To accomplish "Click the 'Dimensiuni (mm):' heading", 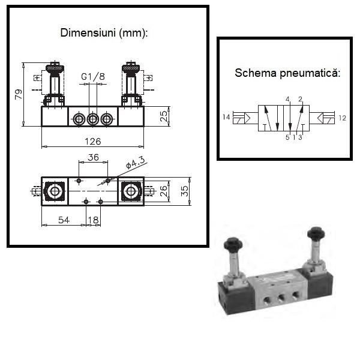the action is [x=104, y=33].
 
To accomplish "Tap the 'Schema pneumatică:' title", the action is [x=287, y=73].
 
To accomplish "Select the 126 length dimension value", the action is [x=93, y=142].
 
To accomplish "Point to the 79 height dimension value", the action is [x=19, y=94].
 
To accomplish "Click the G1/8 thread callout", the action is [x=93, y=77].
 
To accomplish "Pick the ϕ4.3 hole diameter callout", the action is [x=136, y=163].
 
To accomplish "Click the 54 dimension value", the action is [x=64, y=220].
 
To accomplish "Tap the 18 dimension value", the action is [x=94, y=220].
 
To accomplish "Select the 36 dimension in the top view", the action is [x=93, y=157].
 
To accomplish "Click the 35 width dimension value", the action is [x=185, y=191].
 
